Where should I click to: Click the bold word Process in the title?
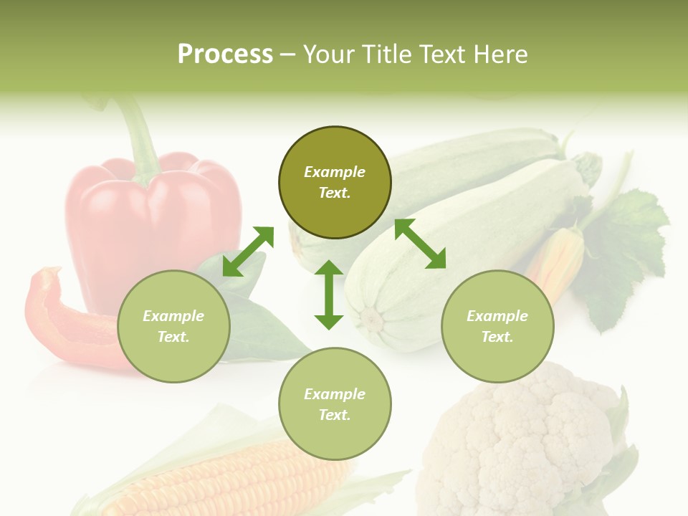click(x=225, y=54)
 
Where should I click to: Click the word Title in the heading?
click(x=388, y=54)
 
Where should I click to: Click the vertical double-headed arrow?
click(x=329, y=295)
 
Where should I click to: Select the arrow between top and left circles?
click(x=248, y=251)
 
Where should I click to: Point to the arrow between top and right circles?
click(x=420, y=244)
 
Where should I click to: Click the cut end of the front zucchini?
click(x=371, y=318)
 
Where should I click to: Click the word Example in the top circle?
click(x=335, y=172)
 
